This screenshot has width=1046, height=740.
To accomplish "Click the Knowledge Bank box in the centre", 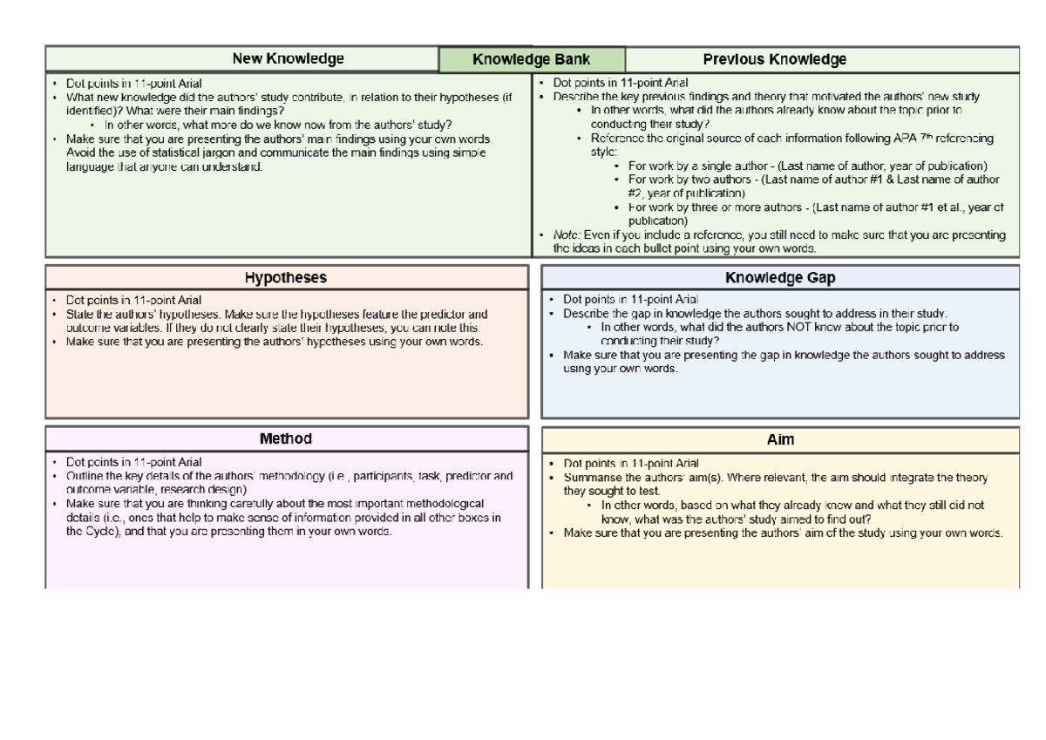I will pyautogui.click(x=532, y=60).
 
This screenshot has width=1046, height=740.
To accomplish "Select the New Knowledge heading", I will pyautogui.click(x=288, y=59).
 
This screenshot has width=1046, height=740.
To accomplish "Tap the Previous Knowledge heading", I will pyautogui.click(x=774, y=60).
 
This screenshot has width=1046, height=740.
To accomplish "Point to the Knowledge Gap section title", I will pyautogui.click(x=780, y=278).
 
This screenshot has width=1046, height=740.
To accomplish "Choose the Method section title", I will pyautogui.click(x=286, y=439).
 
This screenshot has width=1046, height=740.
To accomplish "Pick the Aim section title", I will pyautogui.click(x=780, y=440).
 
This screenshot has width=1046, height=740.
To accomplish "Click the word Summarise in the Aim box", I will pyautogui.click(x=598, y=478).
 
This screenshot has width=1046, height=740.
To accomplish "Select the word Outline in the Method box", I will pyautogui.click(x=85, y=476).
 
